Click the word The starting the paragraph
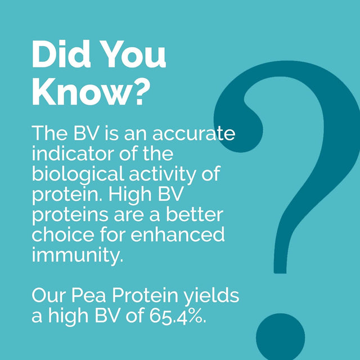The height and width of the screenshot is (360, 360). (49, 134)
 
